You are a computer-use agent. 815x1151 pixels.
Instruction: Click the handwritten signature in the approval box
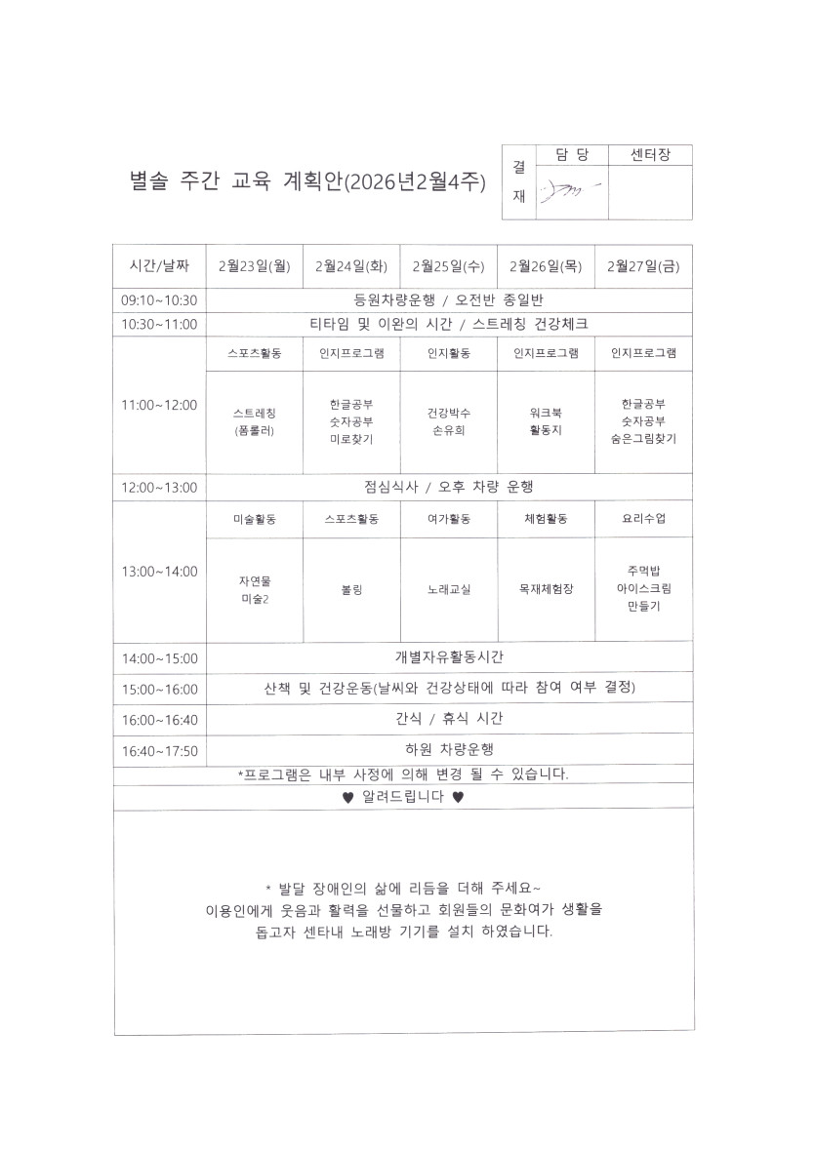pos(565,191)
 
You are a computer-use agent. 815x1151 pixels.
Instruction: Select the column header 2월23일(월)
pos(255,265)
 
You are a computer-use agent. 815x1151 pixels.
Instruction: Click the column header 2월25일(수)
pos(449,265)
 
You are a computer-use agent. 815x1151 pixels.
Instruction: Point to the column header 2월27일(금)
pos(643,265)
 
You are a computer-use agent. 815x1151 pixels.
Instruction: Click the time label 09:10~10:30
pos(160,300)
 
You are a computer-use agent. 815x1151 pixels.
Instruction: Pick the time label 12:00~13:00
pos(160,487)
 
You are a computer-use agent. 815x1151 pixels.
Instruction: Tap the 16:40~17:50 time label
pos(160,751)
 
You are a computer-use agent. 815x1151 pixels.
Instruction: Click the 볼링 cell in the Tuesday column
pos(351,590)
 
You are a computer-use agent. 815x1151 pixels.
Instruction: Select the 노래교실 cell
pos(449,590)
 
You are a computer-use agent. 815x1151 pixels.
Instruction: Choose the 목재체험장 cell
pos(546,590)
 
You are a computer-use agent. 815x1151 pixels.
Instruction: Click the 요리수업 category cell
pos(643,520)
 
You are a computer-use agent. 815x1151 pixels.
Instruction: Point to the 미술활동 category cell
pos(255,520)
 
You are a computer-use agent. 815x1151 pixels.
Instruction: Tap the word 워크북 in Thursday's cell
pos(546,413)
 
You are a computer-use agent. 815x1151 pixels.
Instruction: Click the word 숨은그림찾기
pos(643,438)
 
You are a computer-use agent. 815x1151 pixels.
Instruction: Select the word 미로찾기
pos(351,439)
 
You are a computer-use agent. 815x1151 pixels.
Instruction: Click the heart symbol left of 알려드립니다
pos(347,797)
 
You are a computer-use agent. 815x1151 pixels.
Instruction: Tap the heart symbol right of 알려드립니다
pos(458,797)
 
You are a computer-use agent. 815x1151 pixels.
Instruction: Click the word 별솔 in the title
pos(148,181)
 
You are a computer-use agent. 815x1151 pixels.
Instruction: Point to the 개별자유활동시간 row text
pos(449,656)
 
